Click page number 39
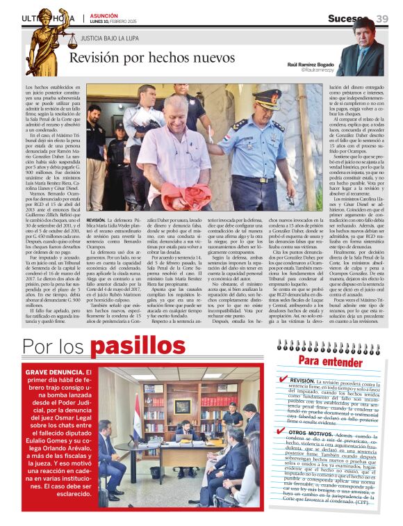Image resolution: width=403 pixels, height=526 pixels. [x=381, y=18]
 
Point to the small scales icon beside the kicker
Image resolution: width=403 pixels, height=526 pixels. [x=72, y=41]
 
